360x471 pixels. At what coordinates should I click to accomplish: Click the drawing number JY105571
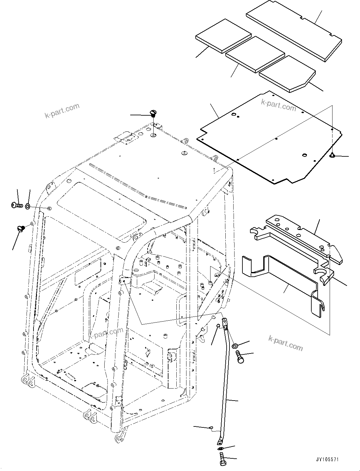[326, 459]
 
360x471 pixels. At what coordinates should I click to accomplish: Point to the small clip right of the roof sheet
[332, 155]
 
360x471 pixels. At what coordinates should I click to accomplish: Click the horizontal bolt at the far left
[16, 205]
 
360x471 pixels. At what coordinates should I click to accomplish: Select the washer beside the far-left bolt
[27, 206]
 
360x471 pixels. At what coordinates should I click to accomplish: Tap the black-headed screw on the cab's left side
[21, 228]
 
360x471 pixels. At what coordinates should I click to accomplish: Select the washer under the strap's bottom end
[220, 449]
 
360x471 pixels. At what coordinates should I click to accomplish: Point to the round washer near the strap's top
[235, 346]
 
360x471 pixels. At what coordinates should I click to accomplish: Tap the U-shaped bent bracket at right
[281, 281]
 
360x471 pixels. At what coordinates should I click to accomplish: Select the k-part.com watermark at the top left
[62, 111]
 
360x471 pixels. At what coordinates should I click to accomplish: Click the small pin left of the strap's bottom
[211, 428]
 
